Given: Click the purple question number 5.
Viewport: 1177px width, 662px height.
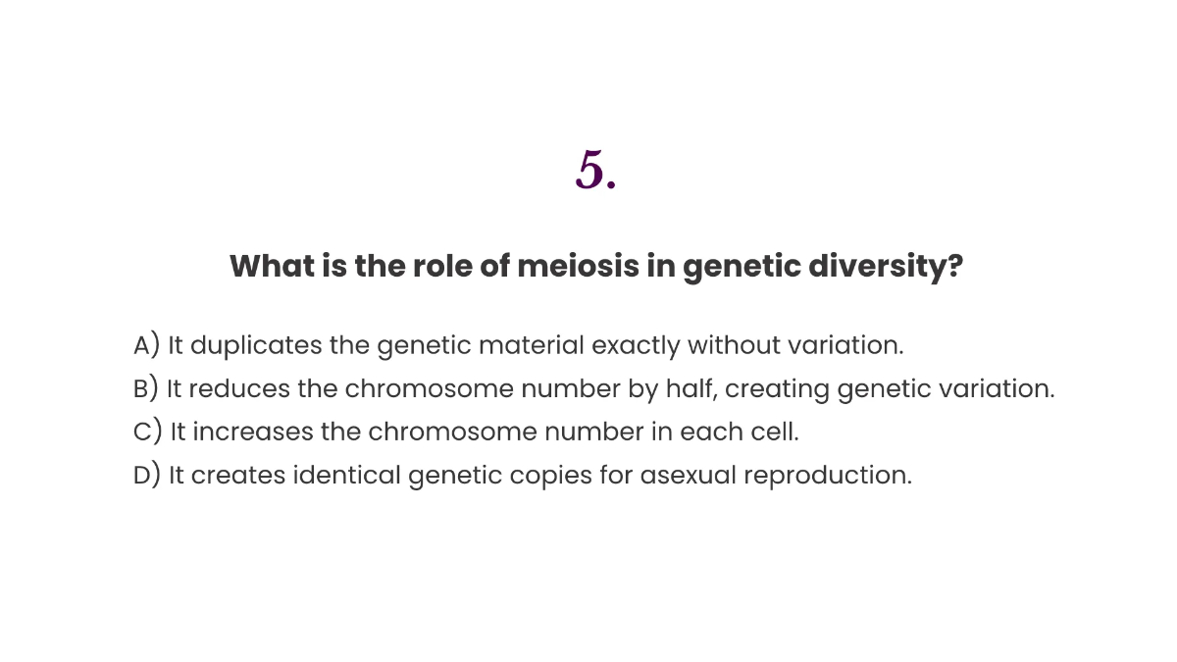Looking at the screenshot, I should tap(595, 171).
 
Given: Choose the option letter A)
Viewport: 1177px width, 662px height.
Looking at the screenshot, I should tap(146, 345).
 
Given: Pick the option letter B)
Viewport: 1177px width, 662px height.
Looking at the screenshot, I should tap(145, 388).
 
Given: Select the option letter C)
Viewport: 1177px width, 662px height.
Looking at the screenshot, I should tap(147, 432).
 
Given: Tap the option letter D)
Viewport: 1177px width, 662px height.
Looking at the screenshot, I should tap(146, 475).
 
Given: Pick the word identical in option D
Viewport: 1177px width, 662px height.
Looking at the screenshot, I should tap(346, 475).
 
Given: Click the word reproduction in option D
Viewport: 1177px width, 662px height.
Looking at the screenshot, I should tap(827, 475).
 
